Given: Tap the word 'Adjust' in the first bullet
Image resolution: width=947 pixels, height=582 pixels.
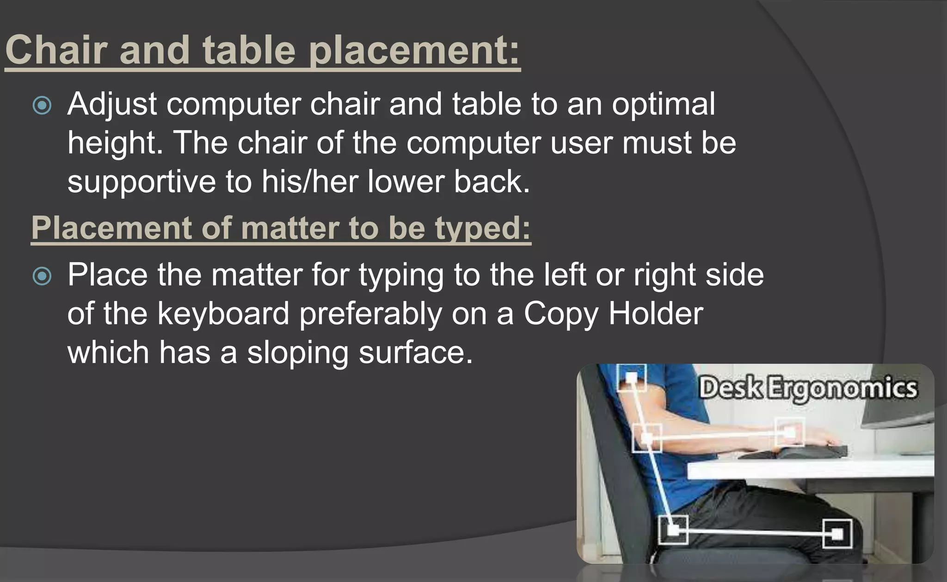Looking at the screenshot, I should pos(112,104).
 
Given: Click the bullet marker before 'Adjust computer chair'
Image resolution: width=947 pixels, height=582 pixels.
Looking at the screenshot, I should pos(42,105).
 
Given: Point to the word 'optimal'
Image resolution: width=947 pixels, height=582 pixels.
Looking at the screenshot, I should pos(663,104).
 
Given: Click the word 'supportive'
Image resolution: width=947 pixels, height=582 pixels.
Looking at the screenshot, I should pos(141,182).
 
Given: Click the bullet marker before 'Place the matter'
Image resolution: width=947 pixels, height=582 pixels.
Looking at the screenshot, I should pos(42,276).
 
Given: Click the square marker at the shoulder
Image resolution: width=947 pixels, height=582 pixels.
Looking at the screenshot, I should pos(631,378).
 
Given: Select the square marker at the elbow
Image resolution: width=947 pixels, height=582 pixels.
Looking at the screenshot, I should pos(647,437).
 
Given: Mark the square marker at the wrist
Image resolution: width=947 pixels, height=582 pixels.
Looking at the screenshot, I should pos(790,432).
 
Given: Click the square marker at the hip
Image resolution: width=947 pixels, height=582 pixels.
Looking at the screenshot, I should pos(673,529).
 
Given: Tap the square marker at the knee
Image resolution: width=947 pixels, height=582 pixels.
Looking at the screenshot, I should pos(837,534).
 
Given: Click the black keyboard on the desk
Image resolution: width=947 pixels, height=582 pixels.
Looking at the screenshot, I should pos(795,451).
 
